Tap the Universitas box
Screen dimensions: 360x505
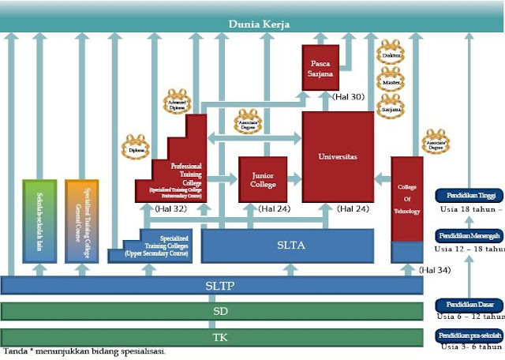tap(338, 157)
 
